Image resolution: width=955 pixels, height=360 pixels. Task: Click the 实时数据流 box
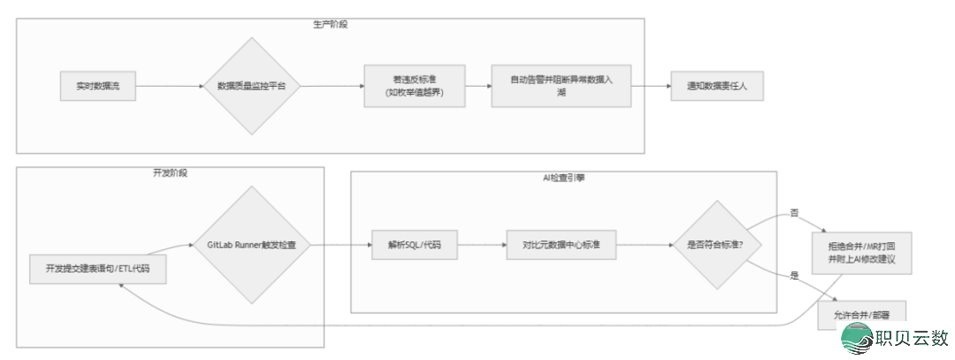point(98,86)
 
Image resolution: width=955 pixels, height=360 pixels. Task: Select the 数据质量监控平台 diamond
point(251,86)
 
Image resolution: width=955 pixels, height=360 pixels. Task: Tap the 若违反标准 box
point(415,86)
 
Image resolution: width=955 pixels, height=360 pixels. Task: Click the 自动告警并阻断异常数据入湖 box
point(562,86)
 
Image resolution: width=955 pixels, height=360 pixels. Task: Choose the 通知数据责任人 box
point(715,86)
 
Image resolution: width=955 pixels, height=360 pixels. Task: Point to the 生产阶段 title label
point(330,25)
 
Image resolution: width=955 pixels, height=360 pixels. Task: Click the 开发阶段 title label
point(170,172)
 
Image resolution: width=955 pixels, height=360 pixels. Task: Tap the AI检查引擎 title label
point(562,178)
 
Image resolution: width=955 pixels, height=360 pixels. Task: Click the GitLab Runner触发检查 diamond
point(251,244)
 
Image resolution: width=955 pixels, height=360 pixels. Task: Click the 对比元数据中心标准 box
point(562,244)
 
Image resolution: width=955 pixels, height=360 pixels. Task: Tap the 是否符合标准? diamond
point(715,244)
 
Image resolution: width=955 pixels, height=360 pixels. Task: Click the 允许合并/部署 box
point(862,314)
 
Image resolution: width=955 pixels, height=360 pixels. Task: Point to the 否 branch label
point(793,212)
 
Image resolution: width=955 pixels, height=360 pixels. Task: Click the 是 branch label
point(793,277)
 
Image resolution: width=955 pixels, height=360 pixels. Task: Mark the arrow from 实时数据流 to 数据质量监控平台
point(170,86)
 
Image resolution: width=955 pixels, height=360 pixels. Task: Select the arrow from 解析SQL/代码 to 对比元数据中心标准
point(482,244)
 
